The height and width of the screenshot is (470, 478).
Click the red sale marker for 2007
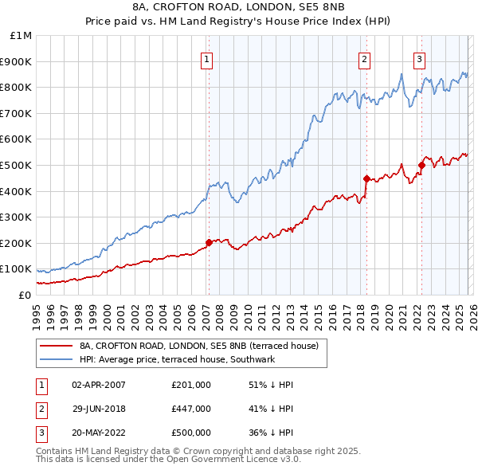click(209, 242)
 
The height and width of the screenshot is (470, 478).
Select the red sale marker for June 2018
click(366, 178)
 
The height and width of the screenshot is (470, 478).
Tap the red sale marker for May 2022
click(421, 165)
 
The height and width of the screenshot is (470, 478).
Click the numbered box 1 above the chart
click(207, 58)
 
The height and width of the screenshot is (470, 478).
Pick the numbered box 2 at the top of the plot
click(364, 58)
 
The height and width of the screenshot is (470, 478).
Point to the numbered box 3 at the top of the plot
click(419, 58)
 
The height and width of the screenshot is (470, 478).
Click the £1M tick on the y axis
click(21, 36)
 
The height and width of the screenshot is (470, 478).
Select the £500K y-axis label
click(18, 165)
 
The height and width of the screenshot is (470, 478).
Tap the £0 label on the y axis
click(24, 295)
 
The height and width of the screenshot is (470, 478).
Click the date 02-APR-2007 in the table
click(99, 385)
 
